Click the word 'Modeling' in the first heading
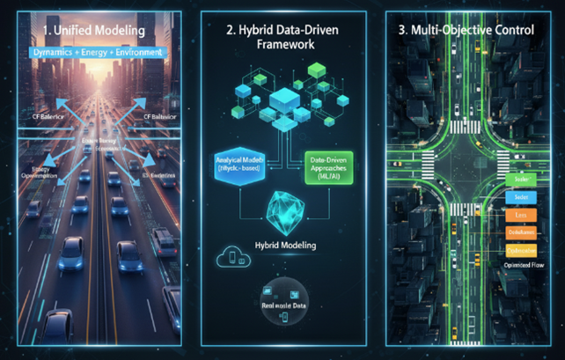coord(112,31)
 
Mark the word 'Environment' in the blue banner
coord(137,53)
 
